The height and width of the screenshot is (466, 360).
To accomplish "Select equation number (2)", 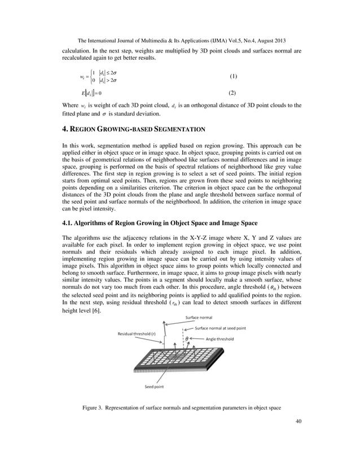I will coord(231,93).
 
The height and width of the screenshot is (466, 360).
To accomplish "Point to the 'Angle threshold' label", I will coord(220,338).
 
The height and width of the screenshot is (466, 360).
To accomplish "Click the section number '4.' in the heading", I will coord(65,129).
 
